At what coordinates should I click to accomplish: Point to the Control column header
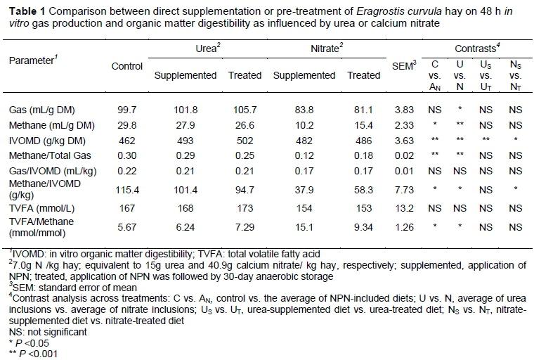[127, 66]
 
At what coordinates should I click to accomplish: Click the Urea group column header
[207, 50]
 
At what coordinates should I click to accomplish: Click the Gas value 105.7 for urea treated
[245, 111]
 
